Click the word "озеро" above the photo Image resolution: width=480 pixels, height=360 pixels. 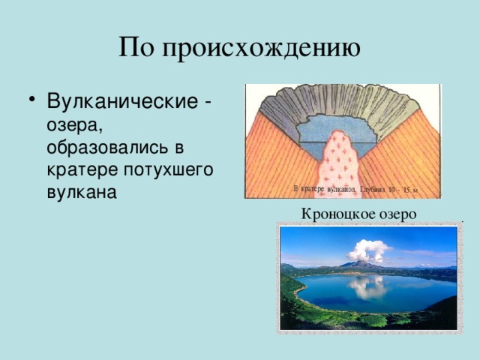(394, 214)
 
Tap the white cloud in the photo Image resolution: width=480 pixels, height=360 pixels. (368, 249)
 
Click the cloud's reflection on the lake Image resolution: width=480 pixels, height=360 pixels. (367, 286)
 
